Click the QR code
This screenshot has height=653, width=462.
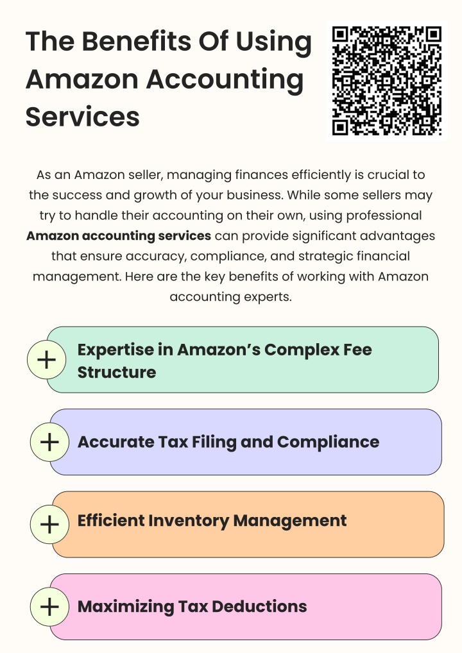point(387,81)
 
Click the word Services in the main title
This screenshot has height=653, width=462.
point(83,117)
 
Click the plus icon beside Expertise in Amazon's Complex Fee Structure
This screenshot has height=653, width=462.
point(47,359)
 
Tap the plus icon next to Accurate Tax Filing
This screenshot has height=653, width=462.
point(49,442)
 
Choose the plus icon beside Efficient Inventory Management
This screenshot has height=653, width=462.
point(49,524)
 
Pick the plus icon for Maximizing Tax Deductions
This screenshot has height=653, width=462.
point(49,607)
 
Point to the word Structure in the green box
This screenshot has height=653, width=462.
point(117,372)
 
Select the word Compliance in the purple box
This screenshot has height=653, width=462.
point(329,443)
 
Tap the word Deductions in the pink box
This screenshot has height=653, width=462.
point(259,607)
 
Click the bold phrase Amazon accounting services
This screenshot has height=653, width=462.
point(119,236)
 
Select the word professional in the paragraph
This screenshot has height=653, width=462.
point(384,216)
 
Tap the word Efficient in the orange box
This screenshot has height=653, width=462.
point(111,521)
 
